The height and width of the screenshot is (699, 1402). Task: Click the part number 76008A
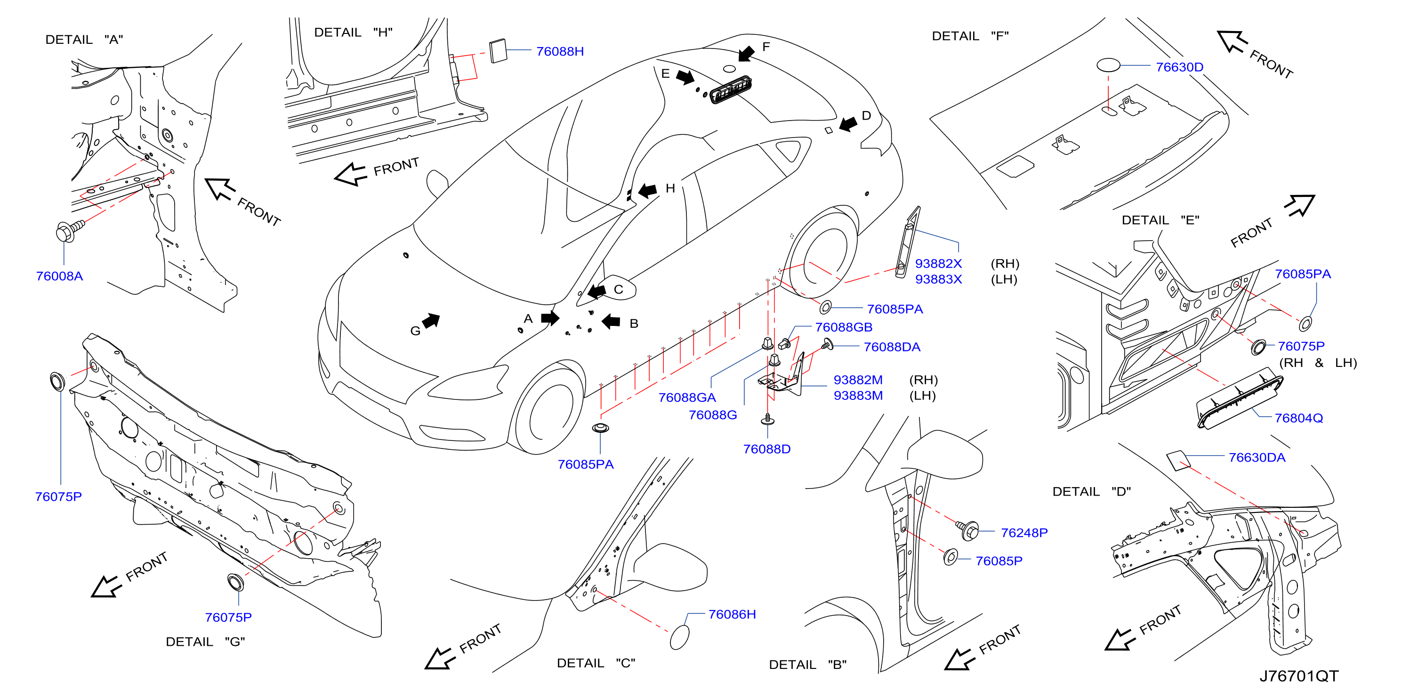(x=59, y=276)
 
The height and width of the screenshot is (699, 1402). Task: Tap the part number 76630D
(x=1179, y=67)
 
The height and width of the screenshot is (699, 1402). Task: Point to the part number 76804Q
(x=1298, y=418)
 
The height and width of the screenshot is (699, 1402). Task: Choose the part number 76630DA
(x=1257, y=457)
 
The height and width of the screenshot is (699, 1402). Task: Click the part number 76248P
(x=1024, y=532)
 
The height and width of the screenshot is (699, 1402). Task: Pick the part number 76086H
(x=732, y=614)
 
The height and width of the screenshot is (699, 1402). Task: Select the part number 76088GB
(x=844, y=327)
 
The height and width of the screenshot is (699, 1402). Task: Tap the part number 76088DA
(x=892, y=347)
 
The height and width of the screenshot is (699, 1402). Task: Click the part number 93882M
(x=858, y=380)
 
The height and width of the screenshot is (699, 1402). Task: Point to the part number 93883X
(x=938, y=279)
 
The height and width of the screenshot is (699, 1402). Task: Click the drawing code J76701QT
(x=1298, y=676)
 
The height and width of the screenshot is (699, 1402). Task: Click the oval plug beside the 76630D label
(x=1108, y=65)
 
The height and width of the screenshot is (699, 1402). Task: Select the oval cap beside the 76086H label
(x=680, y=637)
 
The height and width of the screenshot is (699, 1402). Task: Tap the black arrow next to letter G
(x=431, y=321)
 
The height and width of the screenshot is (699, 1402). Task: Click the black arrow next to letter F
(x=746, y=53)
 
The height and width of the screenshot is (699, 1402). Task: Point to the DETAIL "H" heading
(x=353, y=33)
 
